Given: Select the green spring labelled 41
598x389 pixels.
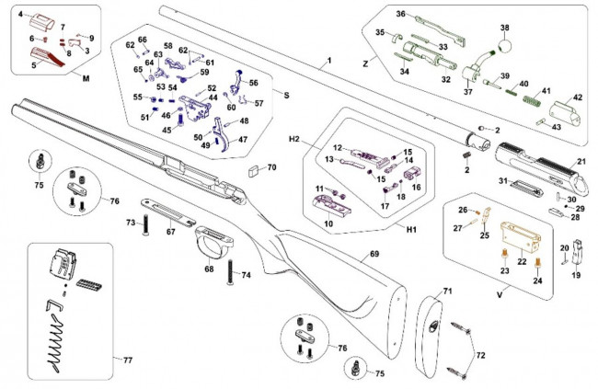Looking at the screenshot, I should point(531,95).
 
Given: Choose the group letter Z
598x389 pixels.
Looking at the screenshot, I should point(366,63).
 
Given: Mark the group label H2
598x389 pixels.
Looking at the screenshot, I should point(295,138).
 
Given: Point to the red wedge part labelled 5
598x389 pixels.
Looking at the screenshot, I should point(46,60).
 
